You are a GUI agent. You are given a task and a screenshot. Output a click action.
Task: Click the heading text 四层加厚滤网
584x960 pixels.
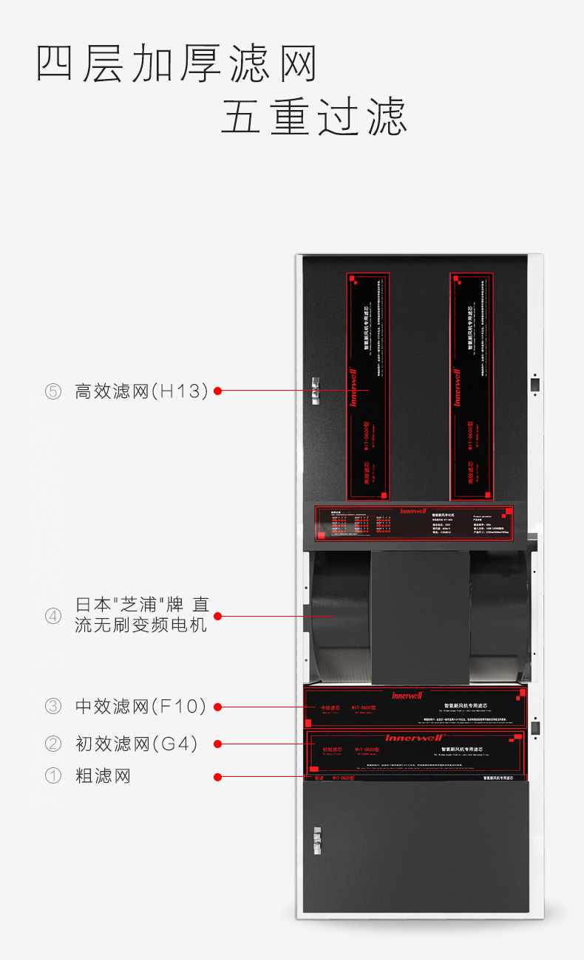coord(177,64)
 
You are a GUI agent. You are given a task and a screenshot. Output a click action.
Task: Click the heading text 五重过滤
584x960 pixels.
coord(313,118)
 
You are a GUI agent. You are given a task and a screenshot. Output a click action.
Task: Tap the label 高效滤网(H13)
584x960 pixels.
coord(141,391)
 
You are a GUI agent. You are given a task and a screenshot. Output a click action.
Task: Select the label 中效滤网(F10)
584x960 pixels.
coord(140,707)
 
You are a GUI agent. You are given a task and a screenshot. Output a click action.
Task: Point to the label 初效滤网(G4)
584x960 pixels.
coord(137,744)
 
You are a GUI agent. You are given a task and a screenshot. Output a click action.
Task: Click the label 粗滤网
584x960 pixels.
coord(103,776)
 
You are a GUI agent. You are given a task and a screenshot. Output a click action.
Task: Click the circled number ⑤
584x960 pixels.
coord(53,391)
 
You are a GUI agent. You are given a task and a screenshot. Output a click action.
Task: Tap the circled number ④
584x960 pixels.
coord(53,615)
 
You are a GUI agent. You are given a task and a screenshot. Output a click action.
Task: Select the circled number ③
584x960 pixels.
coord(53,707)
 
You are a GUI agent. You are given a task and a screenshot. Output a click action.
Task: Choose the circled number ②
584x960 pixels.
coord(53,744)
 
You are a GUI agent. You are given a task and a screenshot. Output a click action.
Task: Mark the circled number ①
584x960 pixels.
coord(53,776)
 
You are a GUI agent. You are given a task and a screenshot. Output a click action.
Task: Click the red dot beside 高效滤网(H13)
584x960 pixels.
coord(217,391)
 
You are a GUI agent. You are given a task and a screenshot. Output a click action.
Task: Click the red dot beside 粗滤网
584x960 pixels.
coord(217,776)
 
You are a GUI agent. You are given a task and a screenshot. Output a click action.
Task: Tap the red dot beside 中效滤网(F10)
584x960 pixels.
coord(217,707)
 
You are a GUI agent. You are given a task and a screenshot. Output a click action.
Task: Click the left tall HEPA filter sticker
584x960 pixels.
coord(367,386)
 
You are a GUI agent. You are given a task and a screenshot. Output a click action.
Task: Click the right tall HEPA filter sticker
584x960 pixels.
coord(471,386)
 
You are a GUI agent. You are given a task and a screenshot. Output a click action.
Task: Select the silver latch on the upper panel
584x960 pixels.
coord(315,391)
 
